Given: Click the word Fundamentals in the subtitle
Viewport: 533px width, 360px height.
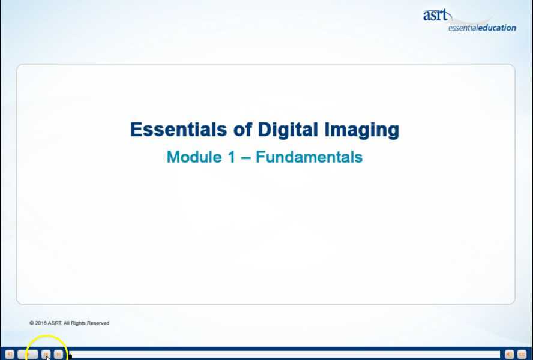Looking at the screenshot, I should [x=309, y=157].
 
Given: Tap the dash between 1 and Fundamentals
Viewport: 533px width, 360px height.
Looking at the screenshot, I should [x=246, y=157].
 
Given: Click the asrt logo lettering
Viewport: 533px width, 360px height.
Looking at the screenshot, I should [x=435, y=16].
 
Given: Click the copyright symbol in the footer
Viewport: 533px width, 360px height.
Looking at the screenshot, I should [x=31, y=323].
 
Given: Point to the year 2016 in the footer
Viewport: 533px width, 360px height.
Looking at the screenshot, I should [x=40, y=323].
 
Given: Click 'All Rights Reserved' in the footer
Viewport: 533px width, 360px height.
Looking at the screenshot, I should [x=89, y=323].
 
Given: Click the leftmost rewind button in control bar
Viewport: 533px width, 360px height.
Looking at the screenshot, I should [x=9, y=355].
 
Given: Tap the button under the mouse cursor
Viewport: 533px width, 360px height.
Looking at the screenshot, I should [x=46, y=355].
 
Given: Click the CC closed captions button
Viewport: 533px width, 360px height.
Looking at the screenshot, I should [x=522, y=355].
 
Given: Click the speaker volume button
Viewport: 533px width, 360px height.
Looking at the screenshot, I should [x=509, y=355].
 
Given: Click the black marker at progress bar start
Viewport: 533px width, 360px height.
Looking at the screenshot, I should [x=70, y=356].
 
